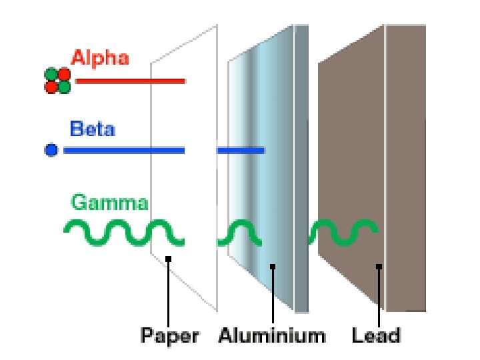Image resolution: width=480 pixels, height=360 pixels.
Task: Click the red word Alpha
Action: point(100,58)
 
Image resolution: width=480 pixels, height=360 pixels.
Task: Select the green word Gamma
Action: point(109,201)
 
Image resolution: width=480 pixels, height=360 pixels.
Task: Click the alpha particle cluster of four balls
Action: point(57,80)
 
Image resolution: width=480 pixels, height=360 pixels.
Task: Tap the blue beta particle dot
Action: point(51,150)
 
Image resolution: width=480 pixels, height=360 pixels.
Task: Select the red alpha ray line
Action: point(130,81)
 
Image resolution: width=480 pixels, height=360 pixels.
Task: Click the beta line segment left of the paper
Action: point(124,151)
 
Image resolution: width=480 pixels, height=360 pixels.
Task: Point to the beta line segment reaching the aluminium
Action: point(241,151)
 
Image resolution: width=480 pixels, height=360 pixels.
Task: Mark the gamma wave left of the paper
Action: point(123,232)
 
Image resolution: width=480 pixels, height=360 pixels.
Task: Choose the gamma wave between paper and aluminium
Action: point(240,233)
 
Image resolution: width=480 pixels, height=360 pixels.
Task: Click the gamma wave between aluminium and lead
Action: point(344,232)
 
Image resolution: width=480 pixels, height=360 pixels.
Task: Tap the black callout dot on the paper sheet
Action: point(169,259)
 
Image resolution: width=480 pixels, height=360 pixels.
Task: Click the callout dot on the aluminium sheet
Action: point(273,267)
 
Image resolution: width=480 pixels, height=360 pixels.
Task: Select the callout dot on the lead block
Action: point(378,267)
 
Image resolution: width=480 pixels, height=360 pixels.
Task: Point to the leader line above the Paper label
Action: point(169,293)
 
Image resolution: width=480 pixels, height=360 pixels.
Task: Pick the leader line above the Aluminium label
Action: point(273,297)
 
